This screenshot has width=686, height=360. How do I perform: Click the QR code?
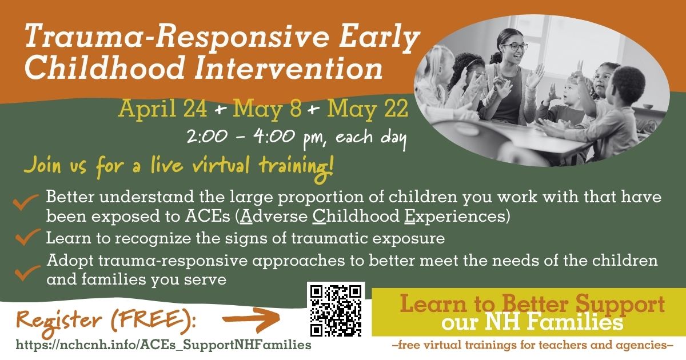336,311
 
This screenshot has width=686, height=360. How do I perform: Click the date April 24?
162,109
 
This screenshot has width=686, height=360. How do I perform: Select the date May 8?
267,109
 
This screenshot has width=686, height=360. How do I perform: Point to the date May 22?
368,109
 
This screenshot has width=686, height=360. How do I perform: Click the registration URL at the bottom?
163,345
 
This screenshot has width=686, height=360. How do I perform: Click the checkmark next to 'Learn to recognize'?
27,237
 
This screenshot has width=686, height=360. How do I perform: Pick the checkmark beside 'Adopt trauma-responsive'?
27,273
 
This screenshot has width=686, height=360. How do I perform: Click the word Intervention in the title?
288,67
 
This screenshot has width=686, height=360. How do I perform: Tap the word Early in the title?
379,37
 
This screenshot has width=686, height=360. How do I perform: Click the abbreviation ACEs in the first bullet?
208,216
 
